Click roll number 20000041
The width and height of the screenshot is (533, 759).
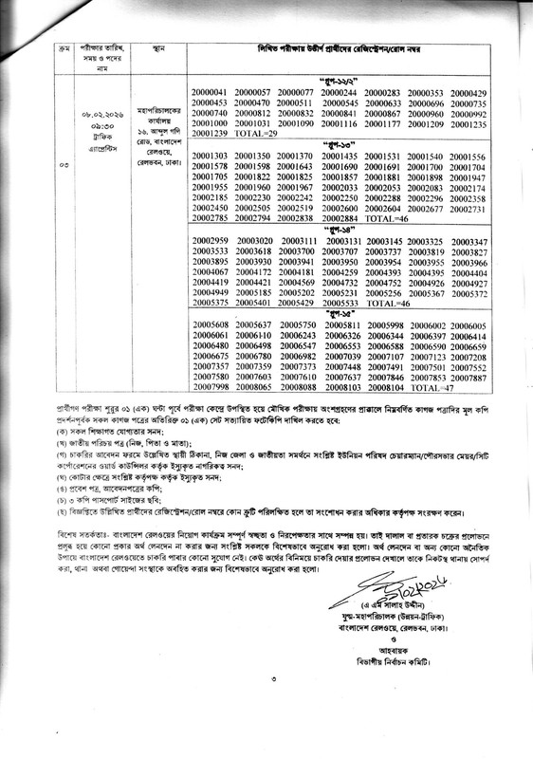coord(210,91)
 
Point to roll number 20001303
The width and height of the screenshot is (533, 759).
coord(210,157)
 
